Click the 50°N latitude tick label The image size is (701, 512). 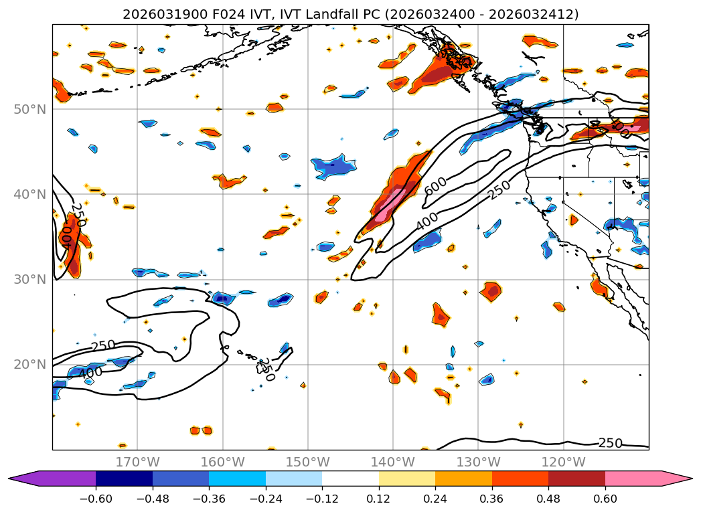pyautogui.click(x=30, y=109)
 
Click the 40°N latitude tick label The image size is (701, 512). pyautogui.click(x=30, y=194)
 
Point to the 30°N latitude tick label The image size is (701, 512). pyautogui.click(x=30, y=279)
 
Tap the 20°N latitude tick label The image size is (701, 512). pyautogui.click(x=30, y=365)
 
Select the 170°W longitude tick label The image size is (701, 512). pyautogui.click(x=138, y=462)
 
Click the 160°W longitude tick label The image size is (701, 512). pyautogui.click(x=223, y=462)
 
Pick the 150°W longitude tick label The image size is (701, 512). pyautogui.click(x=308, y=462)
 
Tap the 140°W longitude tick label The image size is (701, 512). pyautogui.click(x=393, y=462)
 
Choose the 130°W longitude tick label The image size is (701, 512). pyautogui.click(x=478, y=462)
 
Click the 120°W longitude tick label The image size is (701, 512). pyautogui.click(x=563, y=462)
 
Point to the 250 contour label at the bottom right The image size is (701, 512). pyautogui.click(x=611, y=443)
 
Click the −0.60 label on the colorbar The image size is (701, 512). pyautogui.click(x=96, y=498)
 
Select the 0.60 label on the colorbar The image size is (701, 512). pyautogui.click(x=605, y=498)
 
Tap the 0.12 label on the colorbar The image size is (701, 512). pyautogui.click(x=379, y=498)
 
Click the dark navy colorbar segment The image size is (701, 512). pyautogui.click(x=125, y=479)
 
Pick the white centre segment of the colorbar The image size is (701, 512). pyautogui.click(x=350, y=479)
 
